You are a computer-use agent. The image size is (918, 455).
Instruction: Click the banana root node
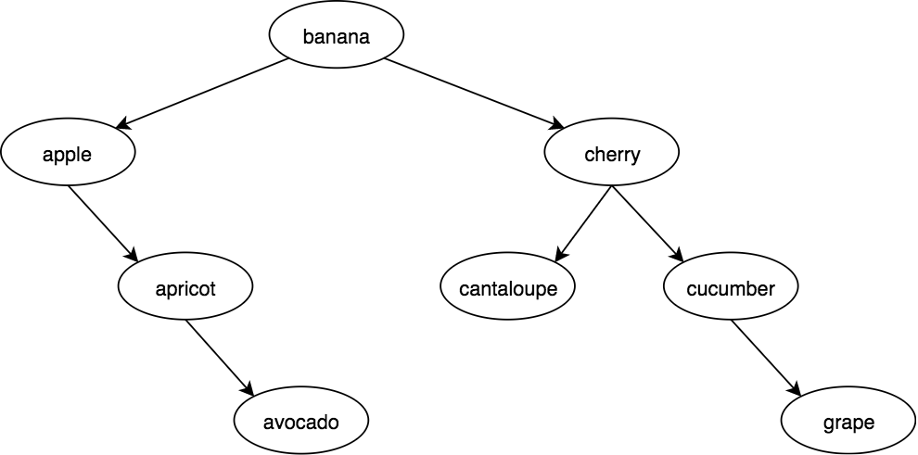[337, 37]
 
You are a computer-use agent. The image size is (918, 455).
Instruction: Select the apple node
[68, 154]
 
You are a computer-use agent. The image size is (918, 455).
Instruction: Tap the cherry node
[612, 154]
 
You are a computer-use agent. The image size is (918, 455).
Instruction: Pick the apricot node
[185, 288]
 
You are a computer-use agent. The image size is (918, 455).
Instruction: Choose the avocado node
[300, 423]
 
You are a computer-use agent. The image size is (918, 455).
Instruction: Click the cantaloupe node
[508, 288]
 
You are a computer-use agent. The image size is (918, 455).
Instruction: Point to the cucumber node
[731, 288]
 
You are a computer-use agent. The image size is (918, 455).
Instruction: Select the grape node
[848, 423]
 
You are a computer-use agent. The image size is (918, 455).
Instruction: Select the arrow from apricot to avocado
[219, 356]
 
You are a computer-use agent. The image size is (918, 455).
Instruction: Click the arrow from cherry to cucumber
[647, 221]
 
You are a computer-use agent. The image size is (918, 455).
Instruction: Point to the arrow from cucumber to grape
[765, 356]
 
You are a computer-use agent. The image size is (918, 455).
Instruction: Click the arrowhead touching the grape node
[795, 389]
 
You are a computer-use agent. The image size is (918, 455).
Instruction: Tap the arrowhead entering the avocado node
[248, 389]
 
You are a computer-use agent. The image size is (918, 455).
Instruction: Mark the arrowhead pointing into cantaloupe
[560, 255]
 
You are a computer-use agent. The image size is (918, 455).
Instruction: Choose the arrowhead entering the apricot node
[132, 255]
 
